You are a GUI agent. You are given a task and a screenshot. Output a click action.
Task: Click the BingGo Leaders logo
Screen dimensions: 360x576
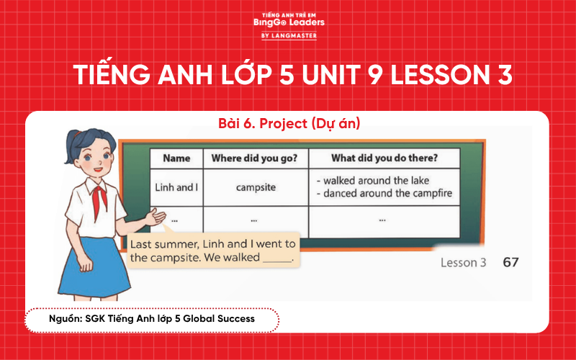pyautogui.click(x=289, y=22)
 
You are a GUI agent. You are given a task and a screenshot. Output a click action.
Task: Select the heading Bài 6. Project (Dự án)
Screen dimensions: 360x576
pyautogui.click(x=288, y=124)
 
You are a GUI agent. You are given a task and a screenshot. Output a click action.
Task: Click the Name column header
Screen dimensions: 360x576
pyautogui.click(x=176, y=158)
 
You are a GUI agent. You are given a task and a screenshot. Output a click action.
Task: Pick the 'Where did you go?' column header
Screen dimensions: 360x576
pyautogui.click(x=256, y=158)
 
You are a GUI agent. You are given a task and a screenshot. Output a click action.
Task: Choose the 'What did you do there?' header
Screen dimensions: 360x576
pyautogui.click(x=384, y=158)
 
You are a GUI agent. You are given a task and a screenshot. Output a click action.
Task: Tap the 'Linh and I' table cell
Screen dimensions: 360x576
pyautogui.click(x=176, y=187)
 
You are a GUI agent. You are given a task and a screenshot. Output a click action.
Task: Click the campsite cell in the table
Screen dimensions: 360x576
pyautogui.click(x=256, y=187)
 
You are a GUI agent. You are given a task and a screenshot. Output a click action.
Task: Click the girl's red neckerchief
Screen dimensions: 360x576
pyautogui.click(x=97, y=198)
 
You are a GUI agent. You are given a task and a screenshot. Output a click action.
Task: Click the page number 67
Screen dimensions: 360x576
pyautogui.click(x=510, y=263)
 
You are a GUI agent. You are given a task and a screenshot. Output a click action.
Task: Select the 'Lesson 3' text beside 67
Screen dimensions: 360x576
pyautogui.click(x=463, y=264)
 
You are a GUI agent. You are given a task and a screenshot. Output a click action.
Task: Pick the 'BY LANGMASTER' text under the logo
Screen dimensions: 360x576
pyautogui.click(x=289, y=35)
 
